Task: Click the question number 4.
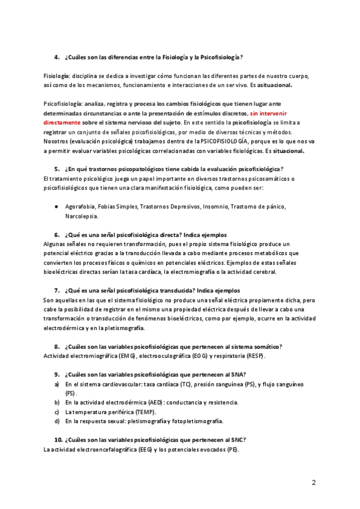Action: tap(57, 58)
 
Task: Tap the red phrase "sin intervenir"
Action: tap(268, 113)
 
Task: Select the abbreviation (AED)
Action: tap(145, 402)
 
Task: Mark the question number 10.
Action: tap(58, 440)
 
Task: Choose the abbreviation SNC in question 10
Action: tap(237, 440)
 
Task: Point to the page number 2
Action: tap(314, 482)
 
